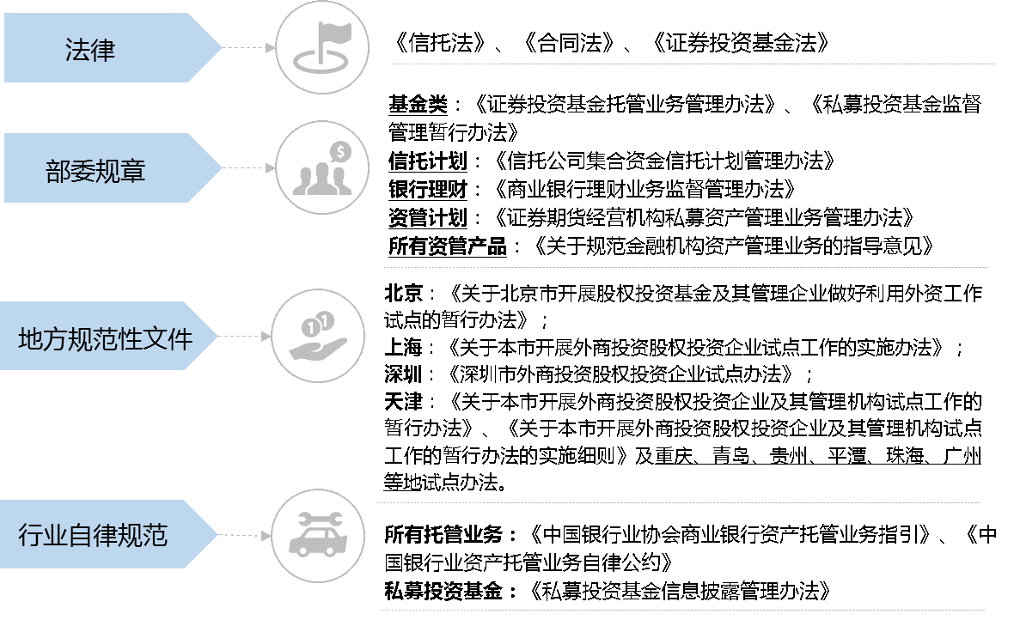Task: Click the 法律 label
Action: coord(90,50)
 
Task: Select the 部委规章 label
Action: coord(95,170)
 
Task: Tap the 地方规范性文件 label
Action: coord(106,338)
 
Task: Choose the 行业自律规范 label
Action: coord(93,536)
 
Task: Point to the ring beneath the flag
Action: coord(321,62)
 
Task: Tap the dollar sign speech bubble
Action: coord(341,153)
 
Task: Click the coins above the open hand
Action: coord(316,325)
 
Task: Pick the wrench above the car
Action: coord(320,519)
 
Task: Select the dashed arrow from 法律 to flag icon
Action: coord(248,48)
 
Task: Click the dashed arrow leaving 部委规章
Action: coord(248,168)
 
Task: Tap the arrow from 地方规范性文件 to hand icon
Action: coord(244,337)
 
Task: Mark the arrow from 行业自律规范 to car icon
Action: coord(244,535)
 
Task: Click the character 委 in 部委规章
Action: coord(82,170)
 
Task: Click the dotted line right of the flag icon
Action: coord(693,64)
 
